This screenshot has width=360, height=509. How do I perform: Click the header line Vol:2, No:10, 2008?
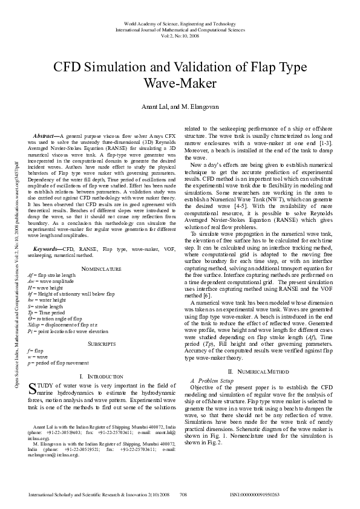click(x=180, y=34)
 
